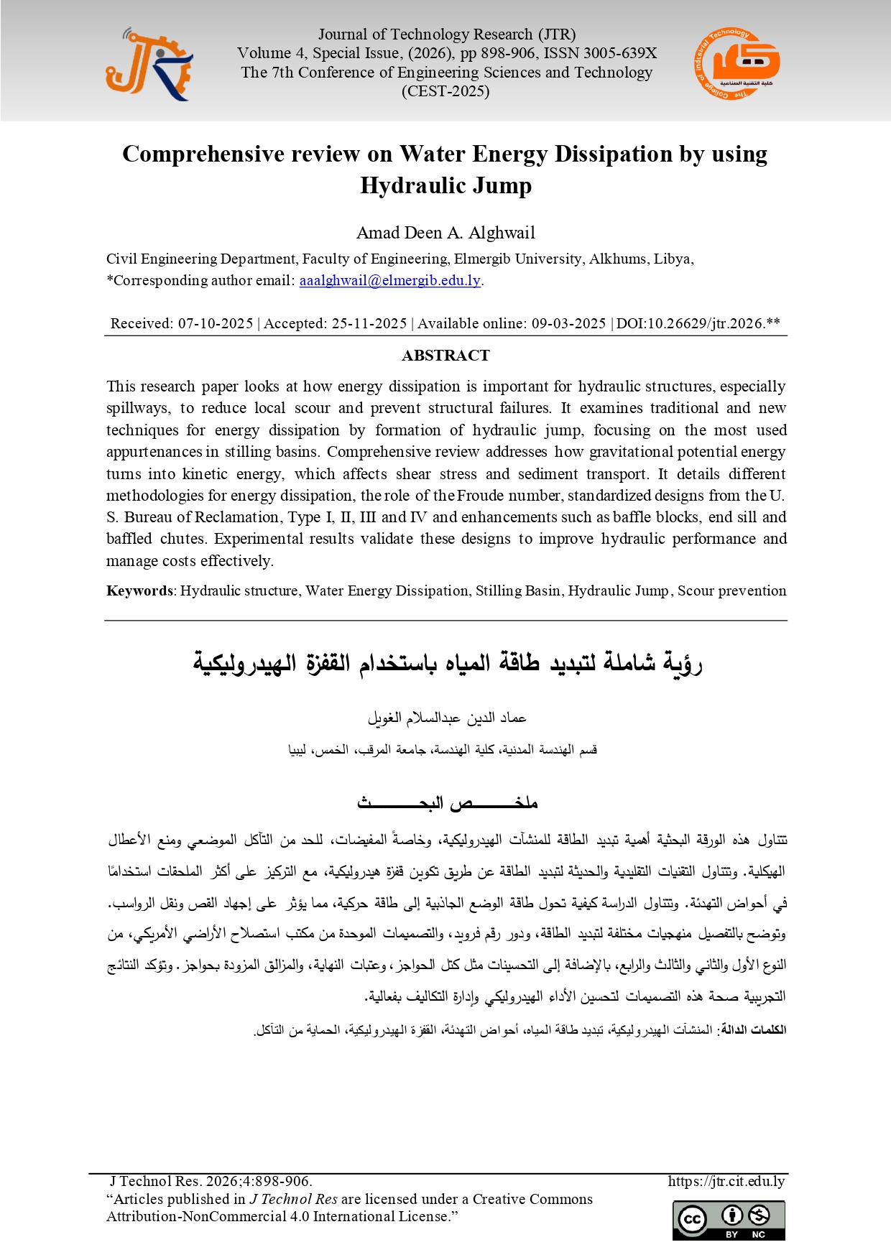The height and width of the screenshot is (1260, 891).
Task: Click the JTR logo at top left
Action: click(149, 65)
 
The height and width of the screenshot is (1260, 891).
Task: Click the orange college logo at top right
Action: click(737, 64)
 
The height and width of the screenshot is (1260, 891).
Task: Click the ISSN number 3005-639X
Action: click(620, 53)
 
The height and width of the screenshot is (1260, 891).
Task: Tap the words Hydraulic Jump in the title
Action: click(445, 185)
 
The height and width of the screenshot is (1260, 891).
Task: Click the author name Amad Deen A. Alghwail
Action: click(445, 233)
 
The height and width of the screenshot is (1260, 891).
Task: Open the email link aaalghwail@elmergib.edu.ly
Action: click(389, 280)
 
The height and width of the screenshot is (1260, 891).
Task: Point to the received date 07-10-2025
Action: click(216, 323)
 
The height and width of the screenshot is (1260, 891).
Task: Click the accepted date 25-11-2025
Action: click(369, 323)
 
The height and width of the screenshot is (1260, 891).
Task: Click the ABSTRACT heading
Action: click(445, 356)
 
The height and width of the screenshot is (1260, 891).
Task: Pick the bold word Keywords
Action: click(139, 590)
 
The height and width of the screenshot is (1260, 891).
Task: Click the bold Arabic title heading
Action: click(447, 662)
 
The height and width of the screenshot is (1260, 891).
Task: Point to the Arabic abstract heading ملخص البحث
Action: click(447, 802)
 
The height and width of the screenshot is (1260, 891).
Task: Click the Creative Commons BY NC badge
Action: click(729, 1220)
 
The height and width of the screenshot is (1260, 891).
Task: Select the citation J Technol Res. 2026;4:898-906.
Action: click(211, 1181)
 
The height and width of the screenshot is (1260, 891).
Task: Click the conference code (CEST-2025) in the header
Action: click(445, 91)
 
